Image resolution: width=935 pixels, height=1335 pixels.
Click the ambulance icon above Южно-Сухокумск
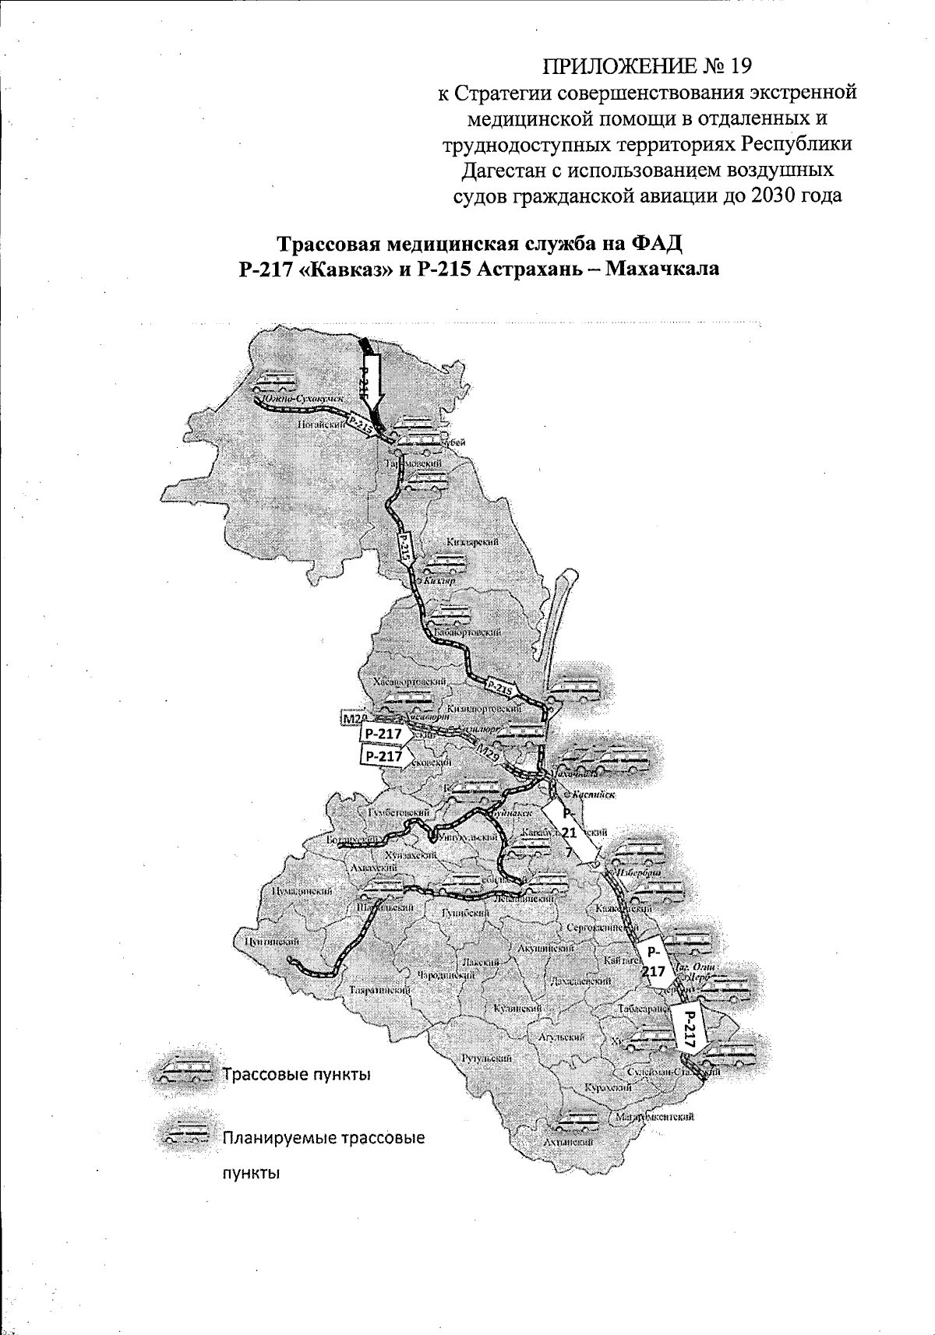point(273,381)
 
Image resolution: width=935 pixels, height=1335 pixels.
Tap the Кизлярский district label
point(473,541)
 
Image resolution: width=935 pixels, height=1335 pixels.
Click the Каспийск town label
point(591,795)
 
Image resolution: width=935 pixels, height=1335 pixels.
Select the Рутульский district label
point(487,1058)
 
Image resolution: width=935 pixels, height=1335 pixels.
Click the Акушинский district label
point(546,948)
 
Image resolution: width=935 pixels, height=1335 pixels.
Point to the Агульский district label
point(562,1037)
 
